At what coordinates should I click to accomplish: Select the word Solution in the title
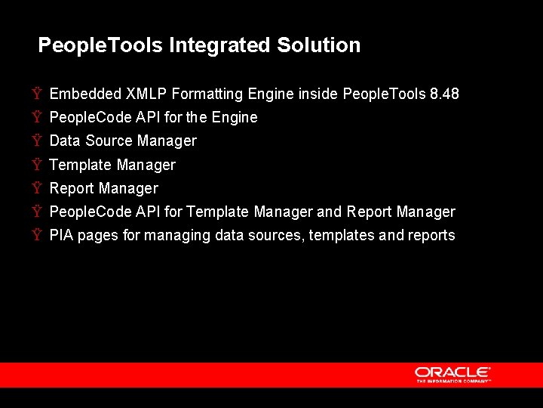point(318,45)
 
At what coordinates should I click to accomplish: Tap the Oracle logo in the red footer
point(452,372)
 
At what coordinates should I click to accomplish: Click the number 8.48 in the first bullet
point(443,94)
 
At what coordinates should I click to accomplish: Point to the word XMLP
point(146,94)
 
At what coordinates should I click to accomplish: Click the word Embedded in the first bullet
point(84,94)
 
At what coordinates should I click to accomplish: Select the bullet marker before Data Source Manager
point(37,141)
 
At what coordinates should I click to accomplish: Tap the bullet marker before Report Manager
point(37,188)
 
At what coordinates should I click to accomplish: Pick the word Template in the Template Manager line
point(81,165)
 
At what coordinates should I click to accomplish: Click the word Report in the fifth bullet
point(72,188)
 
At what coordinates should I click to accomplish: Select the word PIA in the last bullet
point(61,235)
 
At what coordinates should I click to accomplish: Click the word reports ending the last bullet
point(431,235)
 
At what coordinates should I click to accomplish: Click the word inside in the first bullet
point(318,94)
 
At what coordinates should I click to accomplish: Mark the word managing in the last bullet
point(177,235)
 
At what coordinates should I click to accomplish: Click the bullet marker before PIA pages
point(37,235)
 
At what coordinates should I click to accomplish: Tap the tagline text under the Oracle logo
point(453,382)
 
